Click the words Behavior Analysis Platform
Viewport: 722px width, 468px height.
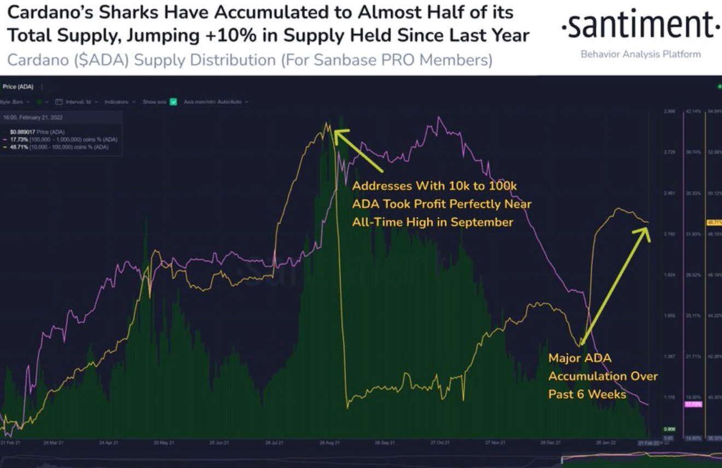(x=641, y=54)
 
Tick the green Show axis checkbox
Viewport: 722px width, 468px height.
(x=173, y=102)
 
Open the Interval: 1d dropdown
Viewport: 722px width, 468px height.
(x=79, y=102)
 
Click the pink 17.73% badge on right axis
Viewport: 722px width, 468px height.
(x=692, y=404)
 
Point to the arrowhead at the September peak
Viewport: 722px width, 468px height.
(x=337, y=133)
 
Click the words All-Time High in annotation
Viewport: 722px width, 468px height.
(x=386, y=222)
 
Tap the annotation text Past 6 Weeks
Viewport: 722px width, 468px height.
(x=587, y=394)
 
